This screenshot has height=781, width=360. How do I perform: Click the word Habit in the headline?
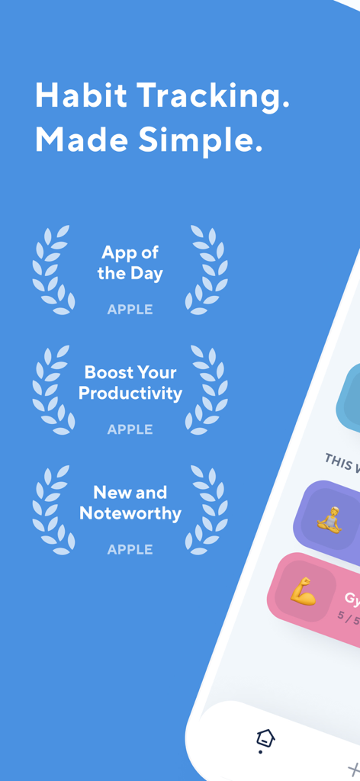coord(81,97)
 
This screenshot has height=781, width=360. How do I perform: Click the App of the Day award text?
coord(130,263)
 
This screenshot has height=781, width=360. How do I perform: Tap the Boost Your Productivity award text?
coord(130,383)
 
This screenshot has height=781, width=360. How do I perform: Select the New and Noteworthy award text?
coord(130,503)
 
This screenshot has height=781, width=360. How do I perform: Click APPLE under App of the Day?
coord(130,310)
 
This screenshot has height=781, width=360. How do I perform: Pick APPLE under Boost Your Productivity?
coord(130,429)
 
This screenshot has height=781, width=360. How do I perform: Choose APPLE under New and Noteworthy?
coord(130,549)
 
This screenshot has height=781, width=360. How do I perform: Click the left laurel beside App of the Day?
coord(52,270)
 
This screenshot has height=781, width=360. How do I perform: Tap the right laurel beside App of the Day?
coord(207,270)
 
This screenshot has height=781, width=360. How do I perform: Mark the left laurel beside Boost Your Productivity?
coord(52,390)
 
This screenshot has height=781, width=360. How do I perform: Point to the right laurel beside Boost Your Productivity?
coord(207,390)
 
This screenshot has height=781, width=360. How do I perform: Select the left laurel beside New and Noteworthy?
coord(52,509)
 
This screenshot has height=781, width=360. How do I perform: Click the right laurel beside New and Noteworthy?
coord(207,509)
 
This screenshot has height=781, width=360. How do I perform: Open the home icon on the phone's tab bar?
coord(265,738)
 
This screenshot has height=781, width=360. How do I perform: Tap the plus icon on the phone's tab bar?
coord(353,770)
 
